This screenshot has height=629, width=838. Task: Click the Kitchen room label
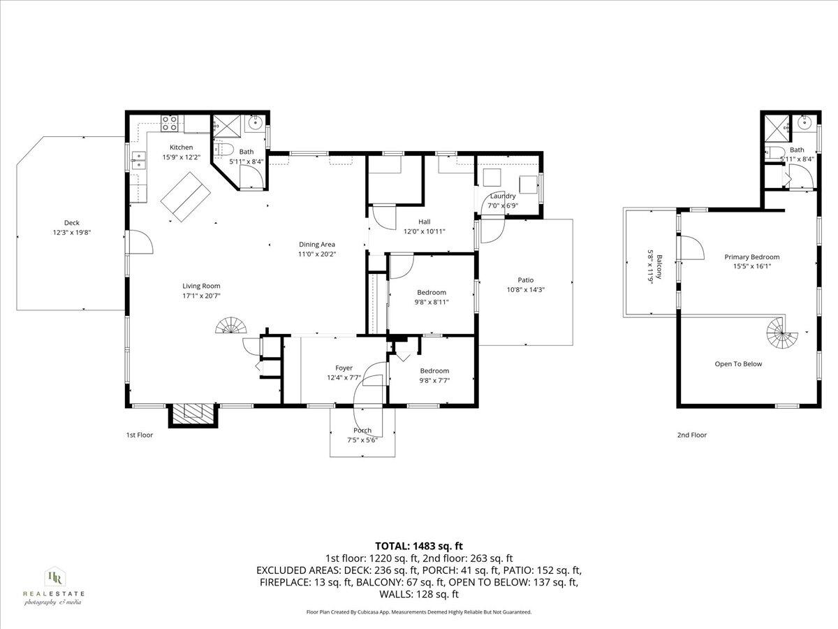pyautogui.click(x=181, y=147)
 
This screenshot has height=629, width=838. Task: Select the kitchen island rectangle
pyautogui.click(x=187, y=197)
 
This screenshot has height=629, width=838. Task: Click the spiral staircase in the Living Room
pyautogui.click(x=232, y=327)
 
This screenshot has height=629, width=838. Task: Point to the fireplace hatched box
pyautogui.click(x=192, y=414)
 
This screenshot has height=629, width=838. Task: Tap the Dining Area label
pyautogui.click(x=317, y=245)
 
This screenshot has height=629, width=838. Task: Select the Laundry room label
pyautogui.click(x=502, y=196)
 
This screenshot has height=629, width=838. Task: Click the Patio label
pyautogui.click(x=525, y=280)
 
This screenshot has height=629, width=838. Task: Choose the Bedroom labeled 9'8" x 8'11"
pyautogui.click(x=432, y=293)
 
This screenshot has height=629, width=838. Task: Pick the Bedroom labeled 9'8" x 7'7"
pyautogui.click(x=434, y=371)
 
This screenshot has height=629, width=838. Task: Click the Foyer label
pyautogui.click(x=344, y=368)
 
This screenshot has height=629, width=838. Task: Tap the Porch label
pyautogui.click(x=362, y=431)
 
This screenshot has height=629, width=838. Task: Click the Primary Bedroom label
pyautogui.click(x=751, y=257)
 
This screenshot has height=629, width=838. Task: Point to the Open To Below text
pyautogui.click(x=738, y=364)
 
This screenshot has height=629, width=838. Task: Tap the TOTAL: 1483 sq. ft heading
pyautogui.click(x=419, y=546)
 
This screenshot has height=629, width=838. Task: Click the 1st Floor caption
pyautogui.click(x=139, y=435)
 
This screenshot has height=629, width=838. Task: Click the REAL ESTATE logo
pyautogui.click(x=53, y=586)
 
